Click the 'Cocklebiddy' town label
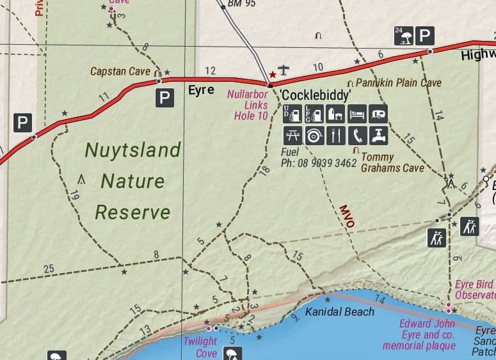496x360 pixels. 316,96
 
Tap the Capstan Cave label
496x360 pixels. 120,71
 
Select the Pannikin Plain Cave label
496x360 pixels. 398,83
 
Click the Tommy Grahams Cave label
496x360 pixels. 392,162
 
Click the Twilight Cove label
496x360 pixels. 200,347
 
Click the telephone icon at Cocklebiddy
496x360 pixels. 357,136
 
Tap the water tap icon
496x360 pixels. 379,136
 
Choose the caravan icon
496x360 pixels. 379,114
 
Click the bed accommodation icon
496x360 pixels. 357,114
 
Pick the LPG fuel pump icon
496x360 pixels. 314,114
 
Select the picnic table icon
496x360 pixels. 292,136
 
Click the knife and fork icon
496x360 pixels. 335,136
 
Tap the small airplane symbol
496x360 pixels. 284,69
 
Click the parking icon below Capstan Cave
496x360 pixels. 165,98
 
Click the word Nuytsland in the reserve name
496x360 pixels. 133,150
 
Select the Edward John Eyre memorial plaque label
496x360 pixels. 419,334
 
